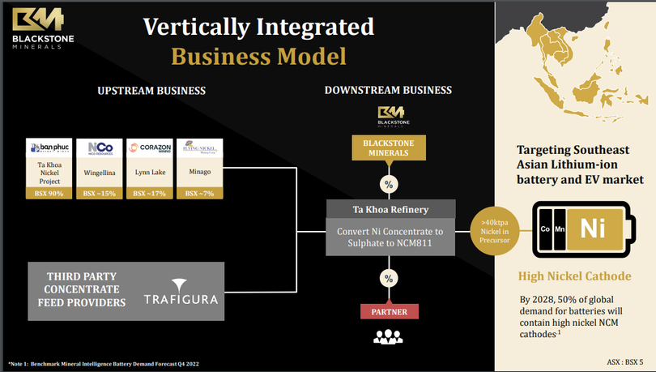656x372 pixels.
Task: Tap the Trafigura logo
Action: pos(181,298)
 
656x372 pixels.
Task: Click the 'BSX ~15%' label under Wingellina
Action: pos(100,194)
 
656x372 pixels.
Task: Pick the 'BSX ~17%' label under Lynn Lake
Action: pos(150,194)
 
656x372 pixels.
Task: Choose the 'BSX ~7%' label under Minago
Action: pos(198,194)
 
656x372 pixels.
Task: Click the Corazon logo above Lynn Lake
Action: pos(150,149)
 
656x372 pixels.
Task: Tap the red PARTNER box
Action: pos(389,311)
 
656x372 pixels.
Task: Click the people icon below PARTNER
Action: pos(389,336)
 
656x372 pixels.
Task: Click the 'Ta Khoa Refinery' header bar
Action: pos(389,207)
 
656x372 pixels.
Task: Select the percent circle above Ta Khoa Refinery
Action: pos(389,184)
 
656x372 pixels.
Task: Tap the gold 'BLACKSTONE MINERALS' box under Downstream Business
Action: pos(389,148)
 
